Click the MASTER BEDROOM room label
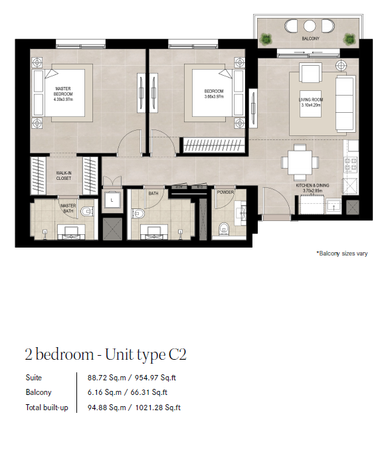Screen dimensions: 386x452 click(x=63, y=92)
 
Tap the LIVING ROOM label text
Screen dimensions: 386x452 click(x=311, y=100)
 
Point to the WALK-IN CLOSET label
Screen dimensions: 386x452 click(x=64, y=175)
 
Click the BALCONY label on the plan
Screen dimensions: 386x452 click(x=310, y=38)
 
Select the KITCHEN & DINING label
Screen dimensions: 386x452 click(x=312, y=185)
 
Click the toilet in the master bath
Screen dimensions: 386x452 click(x=87, y=212)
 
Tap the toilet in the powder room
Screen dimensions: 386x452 click(x=224, y=228)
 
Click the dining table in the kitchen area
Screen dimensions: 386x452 click(x=300, y=162)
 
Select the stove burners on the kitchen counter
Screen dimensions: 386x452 click(x=351, y=165)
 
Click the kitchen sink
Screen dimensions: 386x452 click(x=334, y=206)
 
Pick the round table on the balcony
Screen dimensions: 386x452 click(x=309, y=26)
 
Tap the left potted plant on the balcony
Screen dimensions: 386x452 click(x=265, y=39)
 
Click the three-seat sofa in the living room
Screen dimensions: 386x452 click(x=345, y=104)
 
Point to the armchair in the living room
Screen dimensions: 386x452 click(x=310, y=72)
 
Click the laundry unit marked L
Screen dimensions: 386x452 click(x=112, y=200)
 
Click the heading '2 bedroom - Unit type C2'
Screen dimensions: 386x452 click(x=106, y=355)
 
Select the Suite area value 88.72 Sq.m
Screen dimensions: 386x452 click(x=107, y=378)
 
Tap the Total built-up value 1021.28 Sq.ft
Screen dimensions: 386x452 click(x=158, y=408)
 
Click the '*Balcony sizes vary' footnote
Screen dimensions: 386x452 click(x=342, y=254)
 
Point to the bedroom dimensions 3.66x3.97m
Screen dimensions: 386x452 click(x=214, y=97)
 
